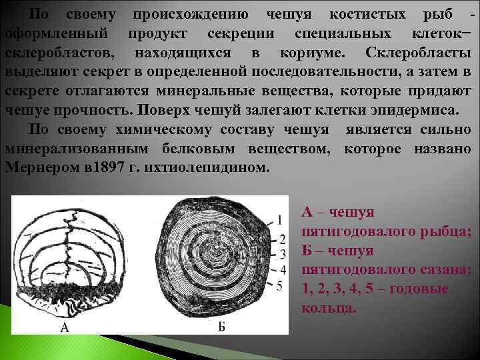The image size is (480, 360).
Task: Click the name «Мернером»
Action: pyautogui.click(x=43, y=167)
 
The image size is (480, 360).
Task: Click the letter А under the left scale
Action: pyautogui.click(x=65, y=327)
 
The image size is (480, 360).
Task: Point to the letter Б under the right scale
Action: pyautogui.click(x=221, y=327)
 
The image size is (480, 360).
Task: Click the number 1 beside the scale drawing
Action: pyautogui.click(x=282, y=219)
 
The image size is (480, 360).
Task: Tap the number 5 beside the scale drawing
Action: pyautogui.click(x=282, y=285)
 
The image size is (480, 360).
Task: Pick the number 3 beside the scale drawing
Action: pyautogui.click(x=282, y=253)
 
